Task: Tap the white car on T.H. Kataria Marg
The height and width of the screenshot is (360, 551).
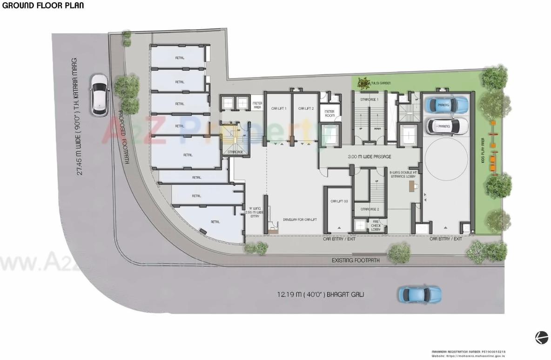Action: pyautogui.click(x=100, y=95)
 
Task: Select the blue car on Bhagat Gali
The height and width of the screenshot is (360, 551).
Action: pyautogui.click(x=419, y=294)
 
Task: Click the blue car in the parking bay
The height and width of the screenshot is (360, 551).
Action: pyautogui.click(x=446, y=105)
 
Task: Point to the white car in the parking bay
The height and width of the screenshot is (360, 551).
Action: pyautogui.click(x=446, y=126)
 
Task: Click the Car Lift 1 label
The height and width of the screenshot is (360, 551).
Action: pyautogui.click(x=278, y=108)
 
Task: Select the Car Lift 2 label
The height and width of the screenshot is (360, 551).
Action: pyautogui.click(x=305, y=108)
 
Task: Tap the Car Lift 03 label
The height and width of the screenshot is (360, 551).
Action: pyautogui.click(x=339, y=201)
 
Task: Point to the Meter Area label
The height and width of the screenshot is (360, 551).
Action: pyautogui.click(x=257, y=105)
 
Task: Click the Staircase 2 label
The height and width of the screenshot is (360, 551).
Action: pyautogui.click(x=370, y=209)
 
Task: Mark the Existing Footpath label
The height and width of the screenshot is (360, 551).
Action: pyautogui.click(x=355, y=260)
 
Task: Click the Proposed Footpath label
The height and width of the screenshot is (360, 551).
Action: pyautogui.click(x=124, y=138)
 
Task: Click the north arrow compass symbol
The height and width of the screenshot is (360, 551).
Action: pyautogui.click(x=541, y=338)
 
